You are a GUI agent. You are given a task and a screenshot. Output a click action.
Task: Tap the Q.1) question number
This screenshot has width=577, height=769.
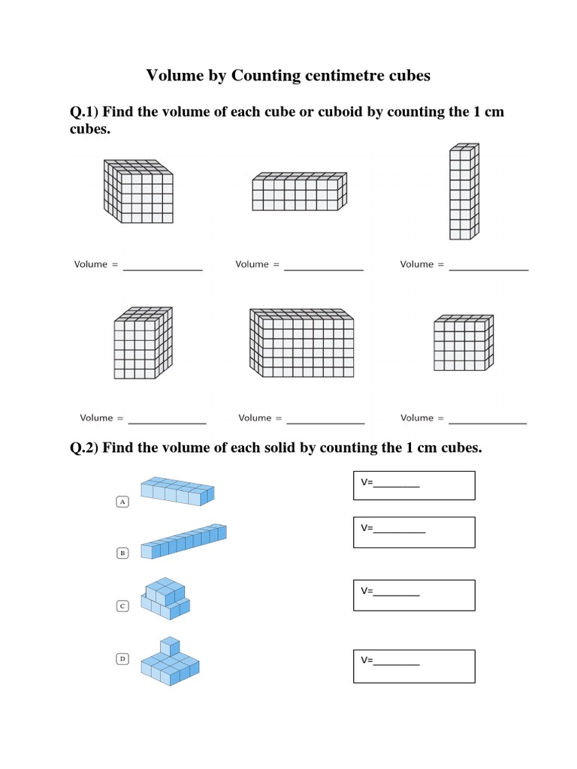[84, 112]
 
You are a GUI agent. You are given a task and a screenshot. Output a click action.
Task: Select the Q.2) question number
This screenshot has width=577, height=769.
[84, 448]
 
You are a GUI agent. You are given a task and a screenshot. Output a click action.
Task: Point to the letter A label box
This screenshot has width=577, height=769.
[122, 502]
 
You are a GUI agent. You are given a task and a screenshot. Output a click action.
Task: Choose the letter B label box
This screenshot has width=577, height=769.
[122, 553]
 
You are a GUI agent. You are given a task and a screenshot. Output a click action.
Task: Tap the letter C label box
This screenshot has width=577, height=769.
[122, 605]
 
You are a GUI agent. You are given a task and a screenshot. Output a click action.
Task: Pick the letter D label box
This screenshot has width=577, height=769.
[122, 659]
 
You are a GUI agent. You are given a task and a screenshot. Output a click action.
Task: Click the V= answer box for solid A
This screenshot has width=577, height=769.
[414, 485]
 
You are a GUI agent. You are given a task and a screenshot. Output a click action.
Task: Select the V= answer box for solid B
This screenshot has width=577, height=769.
[414, 532]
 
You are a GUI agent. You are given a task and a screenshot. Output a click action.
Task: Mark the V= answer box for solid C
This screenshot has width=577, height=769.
[414, 595]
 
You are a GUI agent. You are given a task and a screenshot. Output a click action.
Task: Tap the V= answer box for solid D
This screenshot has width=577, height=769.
[414, 665]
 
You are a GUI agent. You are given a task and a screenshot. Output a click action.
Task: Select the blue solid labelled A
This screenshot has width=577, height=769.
[177, 491]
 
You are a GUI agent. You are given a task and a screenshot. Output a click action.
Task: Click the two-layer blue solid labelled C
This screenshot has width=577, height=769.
[165, 598]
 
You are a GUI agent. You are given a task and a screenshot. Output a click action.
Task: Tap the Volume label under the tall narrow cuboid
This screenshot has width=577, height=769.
[416, 264]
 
